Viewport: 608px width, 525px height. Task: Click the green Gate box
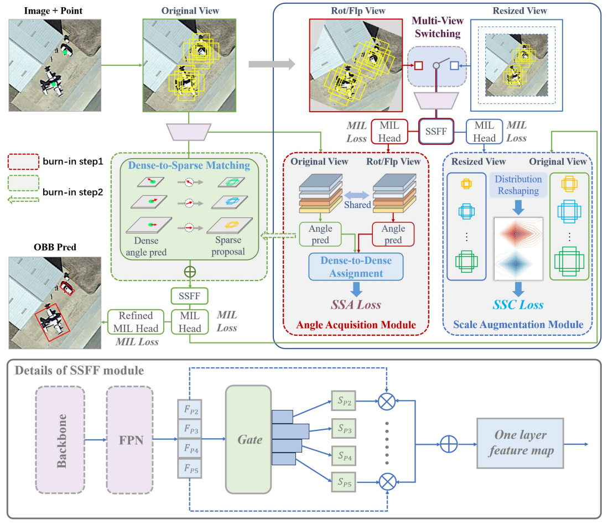(248, 439)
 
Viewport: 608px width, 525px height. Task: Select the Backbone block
(60, 440)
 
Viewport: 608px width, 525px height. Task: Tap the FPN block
(130, 440)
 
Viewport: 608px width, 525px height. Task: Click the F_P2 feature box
(190, 409)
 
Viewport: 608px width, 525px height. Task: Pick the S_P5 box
(344, 482)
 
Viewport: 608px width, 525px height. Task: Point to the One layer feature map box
(520, 443)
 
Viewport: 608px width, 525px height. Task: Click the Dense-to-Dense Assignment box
(356, 267)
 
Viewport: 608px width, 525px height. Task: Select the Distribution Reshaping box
(518, 185)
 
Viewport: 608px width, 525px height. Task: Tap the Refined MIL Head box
(136, 322)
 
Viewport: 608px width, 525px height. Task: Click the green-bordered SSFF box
(190, 296)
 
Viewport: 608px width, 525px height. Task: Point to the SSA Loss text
(356, 305)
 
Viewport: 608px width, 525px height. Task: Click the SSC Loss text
(518, 305)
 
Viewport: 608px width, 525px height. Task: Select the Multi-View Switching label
(438, 27)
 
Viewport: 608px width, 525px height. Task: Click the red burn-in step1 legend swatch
(24, 162)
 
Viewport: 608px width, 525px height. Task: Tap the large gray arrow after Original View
(272, 64)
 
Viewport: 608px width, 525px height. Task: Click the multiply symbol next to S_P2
(387, 401)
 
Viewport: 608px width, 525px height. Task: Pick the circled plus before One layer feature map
(449, 444)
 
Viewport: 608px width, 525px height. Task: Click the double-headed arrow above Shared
(356, 195)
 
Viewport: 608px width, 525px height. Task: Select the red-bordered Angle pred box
(393, 234)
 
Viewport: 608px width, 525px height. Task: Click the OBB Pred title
(55, 247)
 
